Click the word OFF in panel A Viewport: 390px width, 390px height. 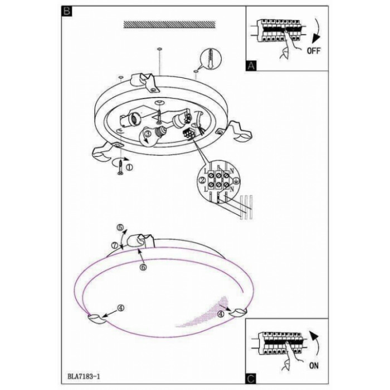(x=314, y=51)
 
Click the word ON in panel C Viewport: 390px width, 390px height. (x=314, y=365)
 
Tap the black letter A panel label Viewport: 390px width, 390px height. (x=251, y=66)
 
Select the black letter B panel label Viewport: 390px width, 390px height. (x=67, y=11)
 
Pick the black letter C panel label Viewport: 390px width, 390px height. (x=251, y=379)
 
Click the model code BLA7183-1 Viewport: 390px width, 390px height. (x=84, y=376)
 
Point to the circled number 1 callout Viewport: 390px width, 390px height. (x=129, y=167)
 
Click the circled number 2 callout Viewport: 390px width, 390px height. (x=202, y=179)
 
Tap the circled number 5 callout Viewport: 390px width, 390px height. (x=120, y=227)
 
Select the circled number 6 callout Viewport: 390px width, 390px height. (x=143, y=267)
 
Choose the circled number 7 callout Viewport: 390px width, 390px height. (x=114, y=245)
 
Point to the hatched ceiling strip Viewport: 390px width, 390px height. (x=169, y=25)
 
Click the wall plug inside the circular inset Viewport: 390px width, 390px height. (x=211, y=58)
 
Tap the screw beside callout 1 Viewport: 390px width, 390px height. (x=120, y=167)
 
